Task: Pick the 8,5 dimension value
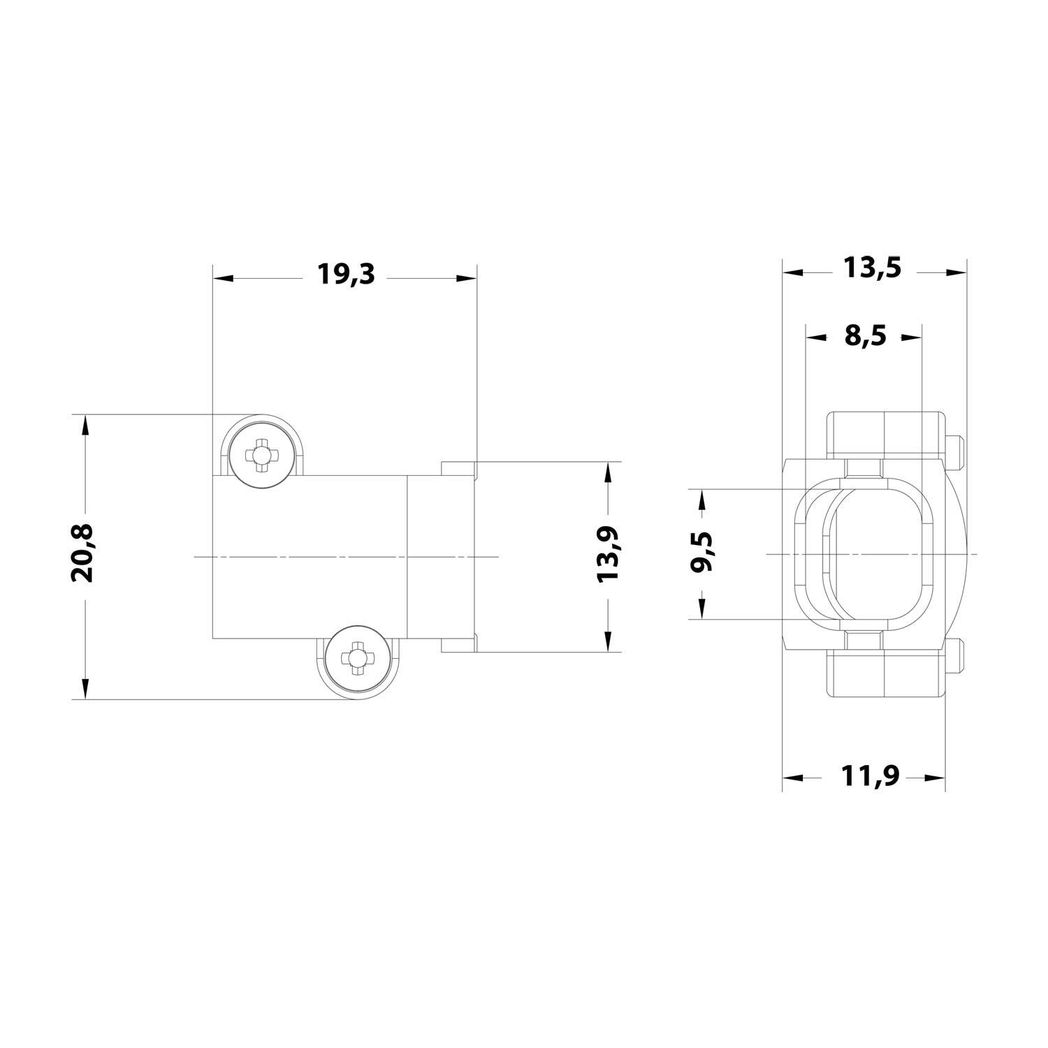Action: pos(864,336)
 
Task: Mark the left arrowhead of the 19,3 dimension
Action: pos(223,278)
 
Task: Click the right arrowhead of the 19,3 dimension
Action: pos(466,278)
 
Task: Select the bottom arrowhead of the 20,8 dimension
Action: pos(85,688)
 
